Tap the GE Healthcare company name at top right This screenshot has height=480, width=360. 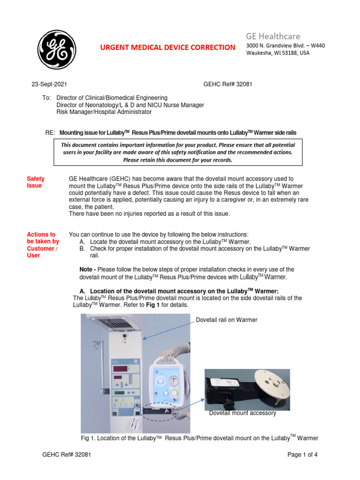tap(273, 36)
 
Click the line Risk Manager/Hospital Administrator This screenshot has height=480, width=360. tap(104, 112)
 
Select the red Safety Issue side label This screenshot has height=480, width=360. tap(36, 182)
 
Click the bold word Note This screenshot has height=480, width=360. tap(88, 269)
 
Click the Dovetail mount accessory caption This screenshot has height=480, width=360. tap(242, 413)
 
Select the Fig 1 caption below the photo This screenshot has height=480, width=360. tap(200, 438)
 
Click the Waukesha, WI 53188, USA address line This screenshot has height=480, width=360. tap(278, 53)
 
